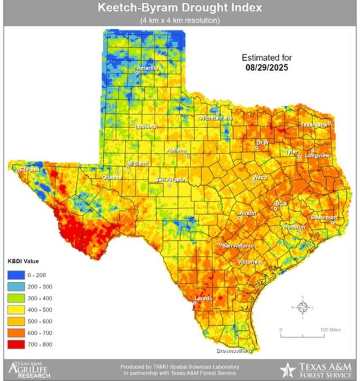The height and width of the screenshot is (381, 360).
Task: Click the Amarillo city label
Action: [148, 68]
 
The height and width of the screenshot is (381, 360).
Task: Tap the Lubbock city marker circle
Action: [134, 122]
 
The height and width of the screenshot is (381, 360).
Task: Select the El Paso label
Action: [29, 169]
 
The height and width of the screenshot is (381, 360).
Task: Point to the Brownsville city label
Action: [231, 351]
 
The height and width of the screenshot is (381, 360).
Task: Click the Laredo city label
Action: [204, 298]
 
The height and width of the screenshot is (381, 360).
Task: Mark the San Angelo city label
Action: [169, 180]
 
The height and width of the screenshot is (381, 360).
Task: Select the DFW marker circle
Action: [257, 148]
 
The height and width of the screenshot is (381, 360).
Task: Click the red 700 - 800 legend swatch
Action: [16, 345]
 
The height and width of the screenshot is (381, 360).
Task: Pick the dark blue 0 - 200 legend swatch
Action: [16, 275]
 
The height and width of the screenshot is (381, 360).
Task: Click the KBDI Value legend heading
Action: [24, 261]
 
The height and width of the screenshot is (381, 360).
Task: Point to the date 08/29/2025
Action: [267, 68]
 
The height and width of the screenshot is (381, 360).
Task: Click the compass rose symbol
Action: [303, 307]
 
